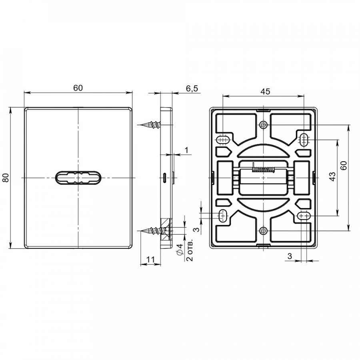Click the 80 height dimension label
point(6,178)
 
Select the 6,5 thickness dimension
point(192,88)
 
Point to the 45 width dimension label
point(265,91)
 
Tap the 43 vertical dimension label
point(333,177)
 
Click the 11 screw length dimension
point(151,260)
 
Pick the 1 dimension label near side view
point(187,150)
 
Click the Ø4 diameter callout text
point(180,249)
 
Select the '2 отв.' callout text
point(190,250)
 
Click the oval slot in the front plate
point(78,178)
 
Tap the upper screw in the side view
point(151,125)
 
